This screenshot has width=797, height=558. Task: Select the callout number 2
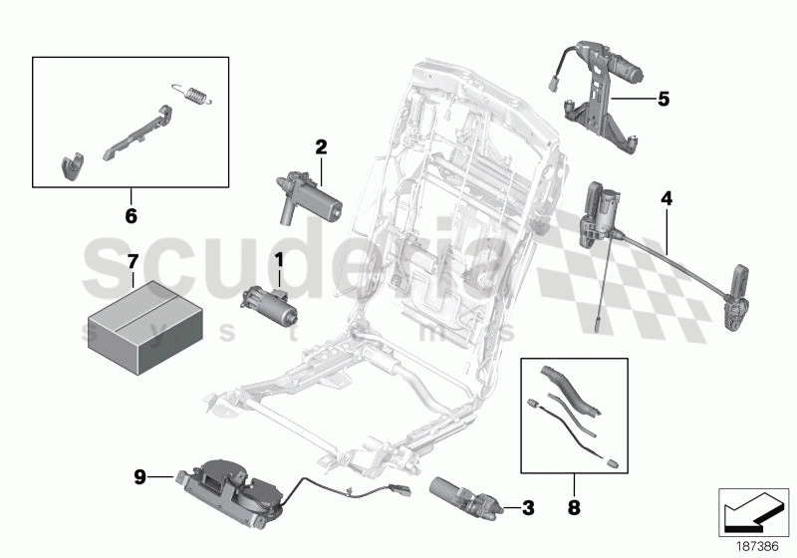(321, 146)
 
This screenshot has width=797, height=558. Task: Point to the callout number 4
(665, 198)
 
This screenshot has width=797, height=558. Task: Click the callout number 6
(131, 214)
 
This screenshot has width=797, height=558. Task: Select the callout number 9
(141, 477)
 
